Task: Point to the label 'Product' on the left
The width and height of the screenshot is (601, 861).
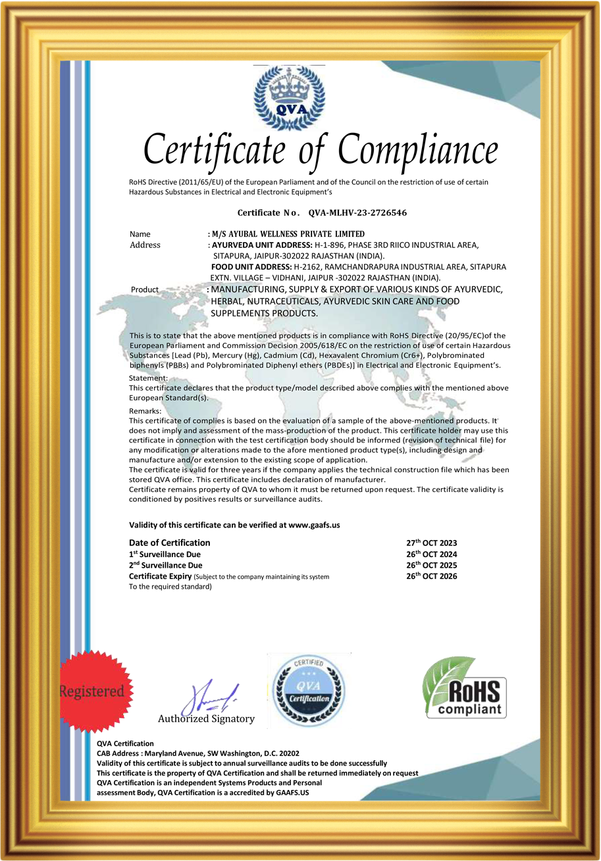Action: [x=145, y=289]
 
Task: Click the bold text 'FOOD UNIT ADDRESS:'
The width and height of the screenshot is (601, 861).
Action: [x=251, y=266]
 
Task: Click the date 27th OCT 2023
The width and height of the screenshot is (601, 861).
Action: [x=431, y=543]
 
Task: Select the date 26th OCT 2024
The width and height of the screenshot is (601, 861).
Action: [x=431, y=554]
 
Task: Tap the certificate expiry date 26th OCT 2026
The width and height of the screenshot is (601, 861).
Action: [x=431, y=576]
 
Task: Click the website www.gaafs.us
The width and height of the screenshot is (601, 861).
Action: [x=314, y=526]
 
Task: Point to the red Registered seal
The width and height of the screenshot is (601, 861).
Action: [x=91, y=691]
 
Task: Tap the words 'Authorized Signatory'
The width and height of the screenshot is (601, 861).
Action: [x=206, y=719]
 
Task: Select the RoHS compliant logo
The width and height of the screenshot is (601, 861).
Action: [x=464, y=687]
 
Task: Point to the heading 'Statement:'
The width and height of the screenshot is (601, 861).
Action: [x=148, y=378]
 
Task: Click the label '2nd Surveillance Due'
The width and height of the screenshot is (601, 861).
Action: [x=166, y=566]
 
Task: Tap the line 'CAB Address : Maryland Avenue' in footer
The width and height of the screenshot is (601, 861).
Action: [x=197, y=753]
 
